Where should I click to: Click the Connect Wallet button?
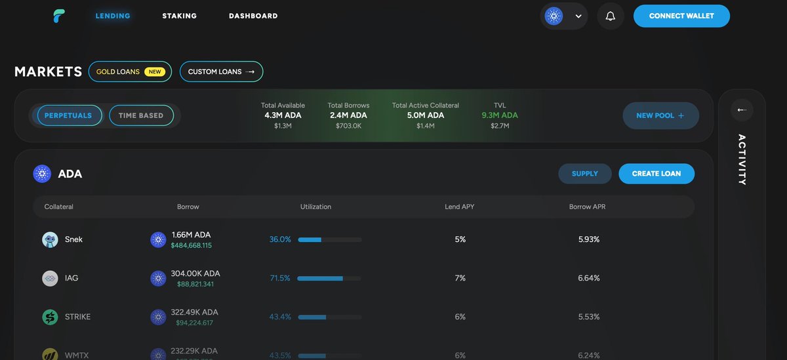(x=681, y=16)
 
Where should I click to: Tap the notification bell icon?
(x=611, y=16)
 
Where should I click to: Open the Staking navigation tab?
(x=179, y=16)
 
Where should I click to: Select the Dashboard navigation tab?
(x=253, y=16)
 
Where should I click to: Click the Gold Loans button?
(x=130, y=71)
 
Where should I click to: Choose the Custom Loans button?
(x=221, y=71)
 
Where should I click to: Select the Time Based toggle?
(x=141, y=115)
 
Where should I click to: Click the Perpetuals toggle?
(x=69, y=115)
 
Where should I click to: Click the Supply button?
(x=584, y=174)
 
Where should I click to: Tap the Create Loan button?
(x=656, y=174)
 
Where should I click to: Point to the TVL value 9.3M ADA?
(x=500, y=115)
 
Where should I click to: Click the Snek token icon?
(x=50, y=240)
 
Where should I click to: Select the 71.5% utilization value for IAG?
(x=280, y=278)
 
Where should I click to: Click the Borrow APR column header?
(x=587, y=207)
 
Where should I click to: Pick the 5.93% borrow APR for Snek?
(x=589, y=239)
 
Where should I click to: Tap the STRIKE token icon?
(x=50, y=317)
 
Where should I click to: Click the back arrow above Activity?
(x=742, y=110)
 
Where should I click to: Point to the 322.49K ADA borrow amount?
(x=195, y=312)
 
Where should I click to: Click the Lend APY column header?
(x=459, y=207)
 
